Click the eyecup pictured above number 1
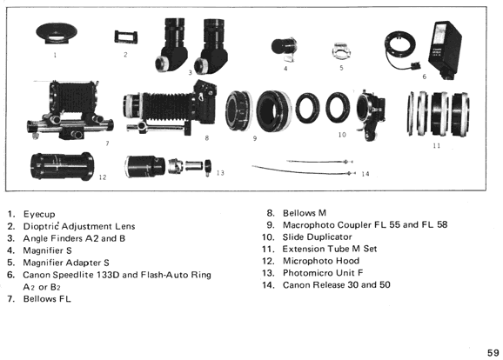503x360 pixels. pyautogui.click(x=57, y=33)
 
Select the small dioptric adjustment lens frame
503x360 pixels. pyautogui.click(x=126, y=37)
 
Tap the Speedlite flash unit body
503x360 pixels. pyautogui.click(x=445, y=49)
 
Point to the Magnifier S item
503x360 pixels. pyautogui.click(x=285, y=49)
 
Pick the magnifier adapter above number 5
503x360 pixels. pyautogui.click(x=341, y=51)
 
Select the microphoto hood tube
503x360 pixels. pyautogui.click(x=63, y=166)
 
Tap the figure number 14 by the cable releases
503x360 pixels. pyautogui.click(x=365, y=174)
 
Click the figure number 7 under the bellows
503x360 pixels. pyautogui.click(x=107, y=143)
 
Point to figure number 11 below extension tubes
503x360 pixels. pyautogui.click(x=436, y=145)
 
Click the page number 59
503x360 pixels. pyautogui.click(x=493, y=353)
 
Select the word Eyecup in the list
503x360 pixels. pyautogui.click(x=39, y=214)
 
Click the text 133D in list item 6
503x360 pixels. pyautogui.click(x=108, y=275)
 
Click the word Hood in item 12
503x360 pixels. pyautogui.click(x=346, y=261)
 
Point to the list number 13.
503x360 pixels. pyautogui.click(x=268, y=273)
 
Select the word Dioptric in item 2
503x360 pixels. pyautogui.click(x=41, y=226)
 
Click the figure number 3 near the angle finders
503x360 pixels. pyautogui.click(x=190, y=73)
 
